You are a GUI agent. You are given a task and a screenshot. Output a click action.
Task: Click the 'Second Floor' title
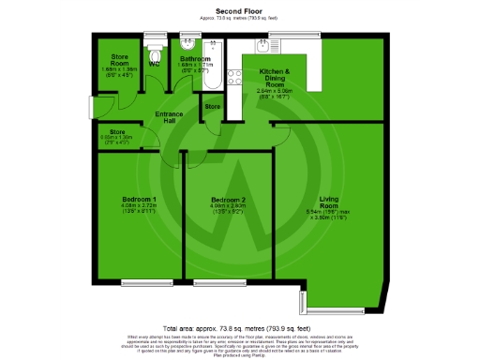pyautogui.click(x=239, y=10)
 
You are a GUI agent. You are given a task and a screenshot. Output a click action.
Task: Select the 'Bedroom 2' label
pyautogui.click(x=228, y=200)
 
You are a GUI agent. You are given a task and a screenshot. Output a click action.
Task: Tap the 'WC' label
pyautogui.click(x=153, y=65)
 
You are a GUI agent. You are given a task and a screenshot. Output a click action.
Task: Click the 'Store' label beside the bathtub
pyautogui.click(x=213, y=107)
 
